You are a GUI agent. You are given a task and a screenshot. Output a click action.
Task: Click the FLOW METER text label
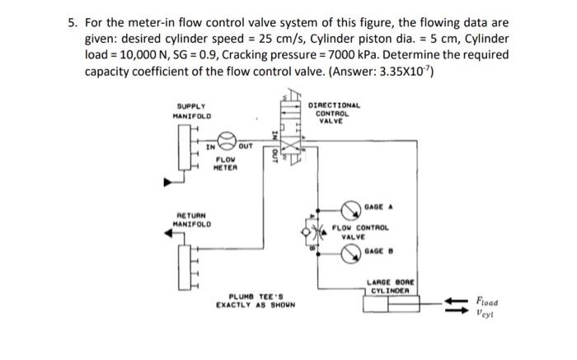226,164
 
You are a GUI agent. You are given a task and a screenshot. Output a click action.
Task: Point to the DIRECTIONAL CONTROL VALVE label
332,112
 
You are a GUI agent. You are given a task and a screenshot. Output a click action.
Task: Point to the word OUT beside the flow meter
245,145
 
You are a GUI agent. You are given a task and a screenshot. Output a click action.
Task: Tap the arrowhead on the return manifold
170,234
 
